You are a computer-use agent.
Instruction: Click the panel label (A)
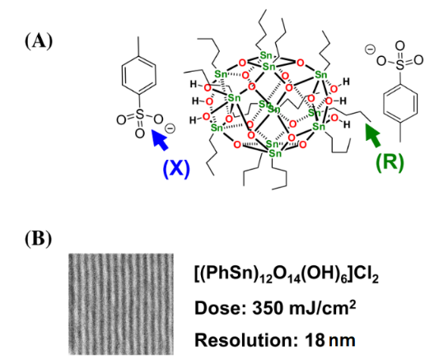tap(39, 41)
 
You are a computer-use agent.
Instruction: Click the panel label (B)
tap(39, 239)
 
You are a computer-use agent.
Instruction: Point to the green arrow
tap(373, 135)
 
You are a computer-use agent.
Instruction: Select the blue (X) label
tap(176, 169)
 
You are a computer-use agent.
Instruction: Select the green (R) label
tap(390, 162)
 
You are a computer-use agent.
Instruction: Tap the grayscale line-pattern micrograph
tap(121, 304)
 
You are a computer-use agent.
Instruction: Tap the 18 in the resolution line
tap(314, 340)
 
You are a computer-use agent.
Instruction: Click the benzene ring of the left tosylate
tap(139, 76)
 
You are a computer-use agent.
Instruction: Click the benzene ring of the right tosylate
tap(400, 103)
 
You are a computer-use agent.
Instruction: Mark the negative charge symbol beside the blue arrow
tap(170, 129)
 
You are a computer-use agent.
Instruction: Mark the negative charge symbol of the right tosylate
tap(370, 50)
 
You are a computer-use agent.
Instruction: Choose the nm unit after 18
tap(342, 342)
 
